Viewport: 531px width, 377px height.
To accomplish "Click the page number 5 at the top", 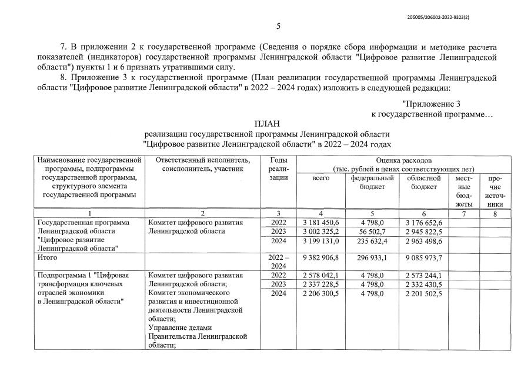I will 278,26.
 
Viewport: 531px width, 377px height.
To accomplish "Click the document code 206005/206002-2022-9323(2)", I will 438,18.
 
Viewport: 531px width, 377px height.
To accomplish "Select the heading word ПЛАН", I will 266,123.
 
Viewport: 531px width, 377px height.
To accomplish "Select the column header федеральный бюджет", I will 372,182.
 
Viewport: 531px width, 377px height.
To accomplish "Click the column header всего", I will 320,178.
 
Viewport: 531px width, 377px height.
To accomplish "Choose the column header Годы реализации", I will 279,168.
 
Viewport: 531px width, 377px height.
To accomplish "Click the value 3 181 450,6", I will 320,222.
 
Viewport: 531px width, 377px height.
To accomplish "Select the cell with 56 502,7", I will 372,232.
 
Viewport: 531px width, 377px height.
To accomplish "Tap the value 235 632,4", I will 372,242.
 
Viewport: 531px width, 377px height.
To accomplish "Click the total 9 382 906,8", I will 320,257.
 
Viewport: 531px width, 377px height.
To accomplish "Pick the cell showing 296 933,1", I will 372,257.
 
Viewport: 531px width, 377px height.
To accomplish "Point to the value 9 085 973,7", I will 423,257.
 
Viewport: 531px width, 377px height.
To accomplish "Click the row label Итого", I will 47,257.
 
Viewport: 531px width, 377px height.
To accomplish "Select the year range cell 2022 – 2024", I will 279,262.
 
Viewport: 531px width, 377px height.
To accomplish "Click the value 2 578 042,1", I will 320,275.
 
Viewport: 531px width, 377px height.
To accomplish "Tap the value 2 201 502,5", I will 423,293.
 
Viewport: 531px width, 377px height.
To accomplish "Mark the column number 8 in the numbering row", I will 496,213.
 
